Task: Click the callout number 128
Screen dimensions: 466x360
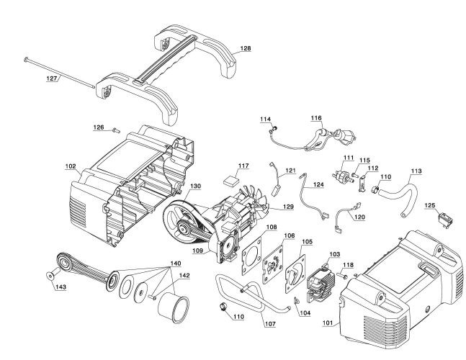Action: click(x=246, y=48)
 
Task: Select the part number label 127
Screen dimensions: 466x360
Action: click(x=52, y=78)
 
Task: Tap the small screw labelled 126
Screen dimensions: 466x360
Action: click(x=116, y=130)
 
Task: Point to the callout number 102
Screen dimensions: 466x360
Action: click(x=71, y=166)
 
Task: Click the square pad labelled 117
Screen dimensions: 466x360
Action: click(x=231, y=180)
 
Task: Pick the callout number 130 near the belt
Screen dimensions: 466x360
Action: click(x=196, y=186)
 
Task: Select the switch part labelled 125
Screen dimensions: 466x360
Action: click(x=446, y=220)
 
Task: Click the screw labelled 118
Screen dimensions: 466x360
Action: click(x=342, y=276)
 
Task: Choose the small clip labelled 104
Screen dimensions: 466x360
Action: click(x=296, y=301)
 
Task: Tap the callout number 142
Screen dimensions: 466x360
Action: click(x=184, y=276)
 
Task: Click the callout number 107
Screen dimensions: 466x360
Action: click(x=270, y=324)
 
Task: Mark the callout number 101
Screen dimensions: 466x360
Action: click(x=328, y=323)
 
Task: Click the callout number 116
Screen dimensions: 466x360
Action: click(x=316, y=118)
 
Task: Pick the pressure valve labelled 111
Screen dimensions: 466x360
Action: click(x=344, y=176)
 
